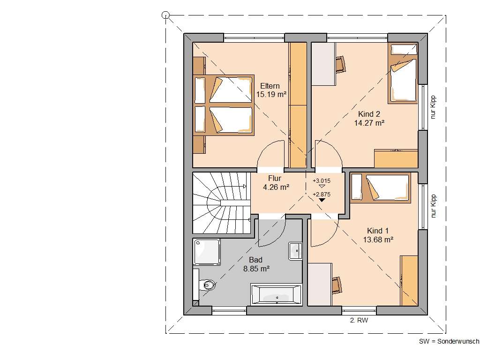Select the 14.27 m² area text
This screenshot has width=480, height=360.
coord(369,123)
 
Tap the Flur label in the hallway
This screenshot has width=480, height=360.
coord(275,178)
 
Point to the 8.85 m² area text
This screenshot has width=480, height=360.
coord(256,269)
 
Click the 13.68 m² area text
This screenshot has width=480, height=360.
coord(378,240)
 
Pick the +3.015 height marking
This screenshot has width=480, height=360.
coord(322,180)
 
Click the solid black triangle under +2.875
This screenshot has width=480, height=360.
coord(322,200)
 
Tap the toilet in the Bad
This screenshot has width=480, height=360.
coord(206,284)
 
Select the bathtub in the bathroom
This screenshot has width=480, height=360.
coord(276,294)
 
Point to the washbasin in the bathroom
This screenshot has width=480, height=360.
coord(296,250)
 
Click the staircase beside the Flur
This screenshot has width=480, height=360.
coord(220,202)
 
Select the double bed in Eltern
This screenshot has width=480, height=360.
coord(224,105)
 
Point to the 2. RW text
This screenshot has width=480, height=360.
coord(359,321)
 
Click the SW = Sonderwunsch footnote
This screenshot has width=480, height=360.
coord(449,342)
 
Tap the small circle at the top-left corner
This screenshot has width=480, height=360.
coord(165,15)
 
